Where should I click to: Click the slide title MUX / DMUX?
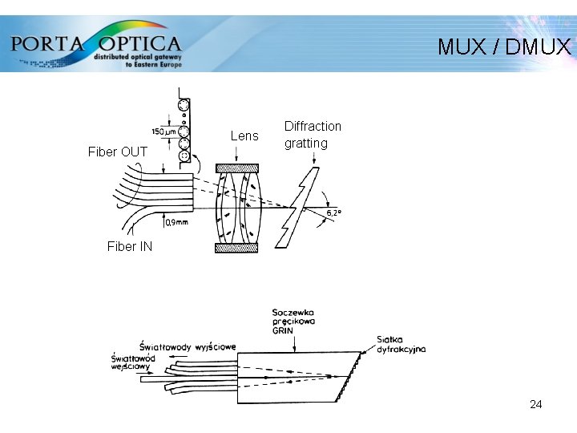[x=504, y=47]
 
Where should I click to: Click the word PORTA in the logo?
[x=47, y=43]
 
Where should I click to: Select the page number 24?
[x=536, y=404]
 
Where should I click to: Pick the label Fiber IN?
[x=130, y=246]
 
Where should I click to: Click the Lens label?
[x=244, y=136]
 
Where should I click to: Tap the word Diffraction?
[x=313, y=127]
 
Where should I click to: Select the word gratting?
[x=306, y=144]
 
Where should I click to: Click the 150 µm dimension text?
[x=163, y=132]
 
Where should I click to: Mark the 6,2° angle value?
[x=333, y=212]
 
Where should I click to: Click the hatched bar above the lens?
[x=237, y=168]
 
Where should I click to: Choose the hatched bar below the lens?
[x=237, y=248]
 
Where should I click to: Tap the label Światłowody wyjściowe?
[x=188, y=346]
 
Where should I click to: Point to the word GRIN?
[x=283, y=330]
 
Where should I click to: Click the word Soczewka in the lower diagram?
[x=293, y=312]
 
